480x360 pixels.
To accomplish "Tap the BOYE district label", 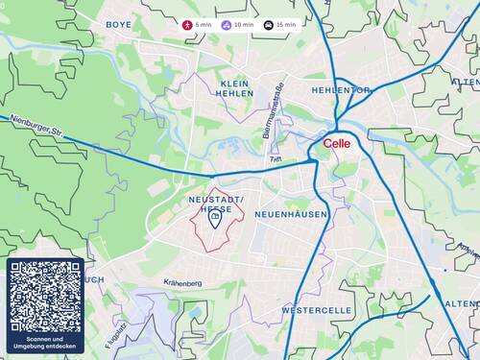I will [119, 24].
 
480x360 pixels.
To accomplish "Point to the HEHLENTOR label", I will [341, 89].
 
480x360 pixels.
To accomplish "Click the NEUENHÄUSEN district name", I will [292, 215].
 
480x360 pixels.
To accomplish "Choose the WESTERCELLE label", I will [315, 312].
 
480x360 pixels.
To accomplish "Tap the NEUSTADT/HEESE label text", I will [216, 204].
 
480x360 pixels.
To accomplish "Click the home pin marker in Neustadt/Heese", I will [215, 221].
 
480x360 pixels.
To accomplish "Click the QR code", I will [45, 296].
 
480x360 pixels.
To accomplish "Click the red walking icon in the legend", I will [188, 24].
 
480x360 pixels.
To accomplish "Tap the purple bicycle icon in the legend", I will [226, 24].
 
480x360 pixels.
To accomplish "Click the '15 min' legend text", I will [284, 24].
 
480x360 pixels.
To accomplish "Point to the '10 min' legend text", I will [244, 24].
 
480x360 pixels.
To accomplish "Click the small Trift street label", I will [276, 158].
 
